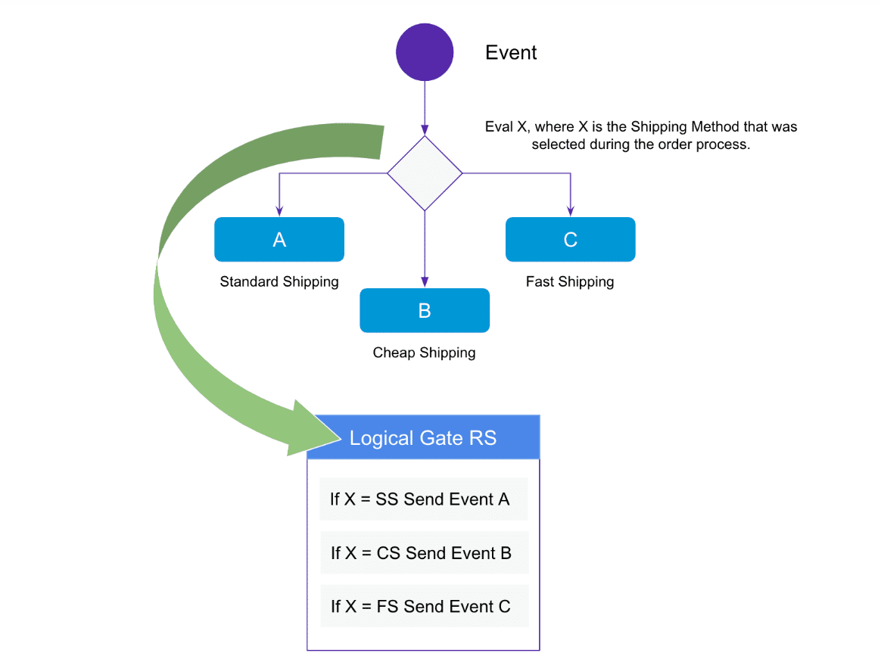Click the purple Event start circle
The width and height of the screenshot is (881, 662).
coord(425,52)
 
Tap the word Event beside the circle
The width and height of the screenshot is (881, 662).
coord(511,53)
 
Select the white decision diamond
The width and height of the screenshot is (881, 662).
coord(425,173)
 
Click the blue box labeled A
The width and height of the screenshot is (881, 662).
coord(279,240)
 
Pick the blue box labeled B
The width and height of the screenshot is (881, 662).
coord(425,311)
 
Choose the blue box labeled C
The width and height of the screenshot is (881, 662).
coord(570,240)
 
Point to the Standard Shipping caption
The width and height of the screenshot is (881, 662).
coord(279,282)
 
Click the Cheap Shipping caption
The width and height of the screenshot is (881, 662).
coord(425,353)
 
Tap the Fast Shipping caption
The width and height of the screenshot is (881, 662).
coord(570,282)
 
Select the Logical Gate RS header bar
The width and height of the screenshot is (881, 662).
coord(423,438)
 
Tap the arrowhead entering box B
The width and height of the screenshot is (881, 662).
coord(425,283)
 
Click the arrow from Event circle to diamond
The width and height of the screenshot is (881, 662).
coord(425,106)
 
